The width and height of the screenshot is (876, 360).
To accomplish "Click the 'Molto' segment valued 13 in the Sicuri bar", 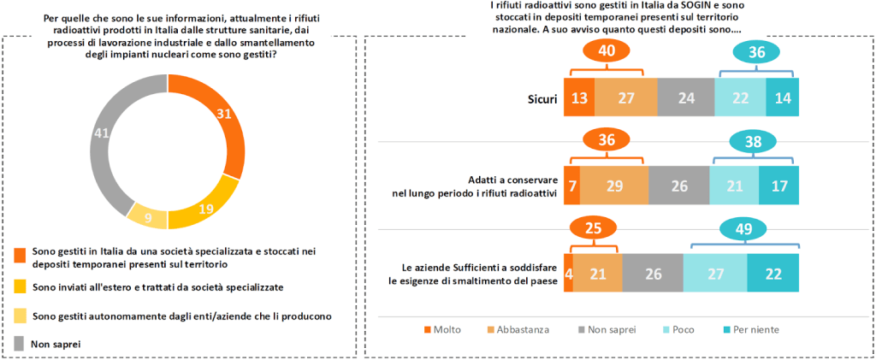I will point(579,98).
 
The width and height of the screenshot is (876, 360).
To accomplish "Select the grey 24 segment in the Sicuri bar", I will point(685,98).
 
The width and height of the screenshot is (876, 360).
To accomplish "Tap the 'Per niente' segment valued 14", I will point(782,98).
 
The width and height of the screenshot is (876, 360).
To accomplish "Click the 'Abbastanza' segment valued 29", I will point(614,185).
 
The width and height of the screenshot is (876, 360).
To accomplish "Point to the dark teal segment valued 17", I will point(778,185).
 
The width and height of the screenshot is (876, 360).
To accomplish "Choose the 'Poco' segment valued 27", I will point(715,273).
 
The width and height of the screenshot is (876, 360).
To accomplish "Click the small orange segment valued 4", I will point(568,273).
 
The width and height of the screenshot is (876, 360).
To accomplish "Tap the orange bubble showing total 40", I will point(607,51).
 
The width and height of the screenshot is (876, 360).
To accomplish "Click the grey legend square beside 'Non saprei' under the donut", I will point(21,343).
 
